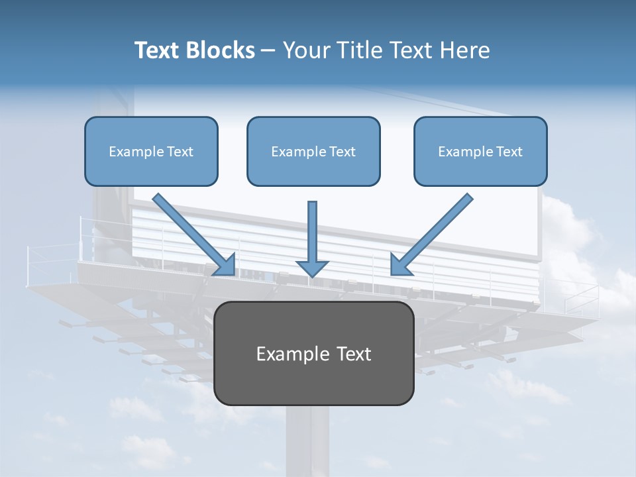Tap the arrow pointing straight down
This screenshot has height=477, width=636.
[312, 232]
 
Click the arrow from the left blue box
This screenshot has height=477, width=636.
[189, 229]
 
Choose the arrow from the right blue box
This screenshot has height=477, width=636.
[437, 229]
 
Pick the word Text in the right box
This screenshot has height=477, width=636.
[508, 152]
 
